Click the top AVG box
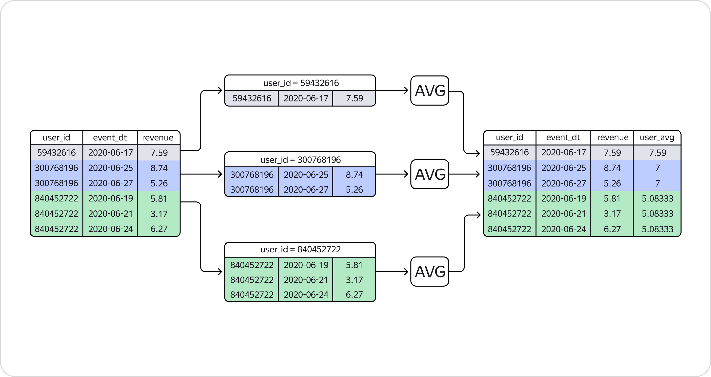(430, 91)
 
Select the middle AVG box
(430, 174)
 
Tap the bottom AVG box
(430, 272)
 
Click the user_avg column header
(657, 138)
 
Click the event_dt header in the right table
(563, 138)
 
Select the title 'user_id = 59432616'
(301, 83)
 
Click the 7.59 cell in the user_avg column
(657, 153)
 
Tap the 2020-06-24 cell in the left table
(110, 229)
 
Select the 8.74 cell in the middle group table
(354, 175)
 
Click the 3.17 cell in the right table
(612, 214)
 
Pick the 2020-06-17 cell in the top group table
(306, 98)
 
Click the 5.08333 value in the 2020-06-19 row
(657, 198)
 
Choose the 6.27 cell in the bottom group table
(354, 295)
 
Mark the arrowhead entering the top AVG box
(406, 90)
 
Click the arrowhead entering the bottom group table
(220, 272)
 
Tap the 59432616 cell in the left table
(56, 153)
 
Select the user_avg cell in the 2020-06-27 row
(657, 183)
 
